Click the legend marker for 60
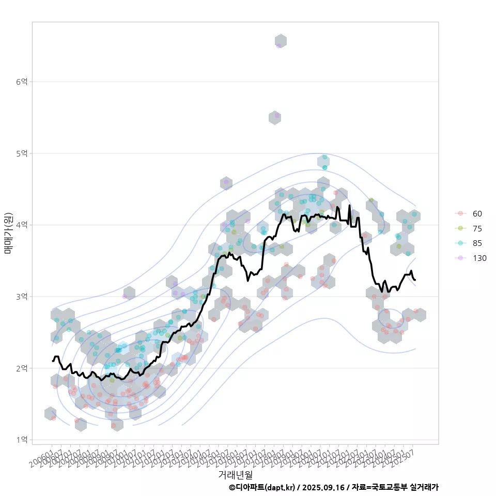click(x=460, y=213)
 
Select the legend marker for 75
click(x=460, y=228)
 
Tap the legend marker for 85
click(x=460, y=243)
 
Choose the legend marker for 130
click(x=460, y=258)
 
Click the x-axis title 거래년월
click(x=236, y=474)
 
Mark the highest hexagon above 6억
click(x=281, y=41)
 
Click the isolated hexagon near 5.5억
click(x=275, y=117)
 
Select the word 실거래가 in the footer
click(x=424, y=487)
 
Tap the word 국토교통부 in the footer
click(x=388, y=487)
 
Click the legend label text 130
click(x=479, y=258)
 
